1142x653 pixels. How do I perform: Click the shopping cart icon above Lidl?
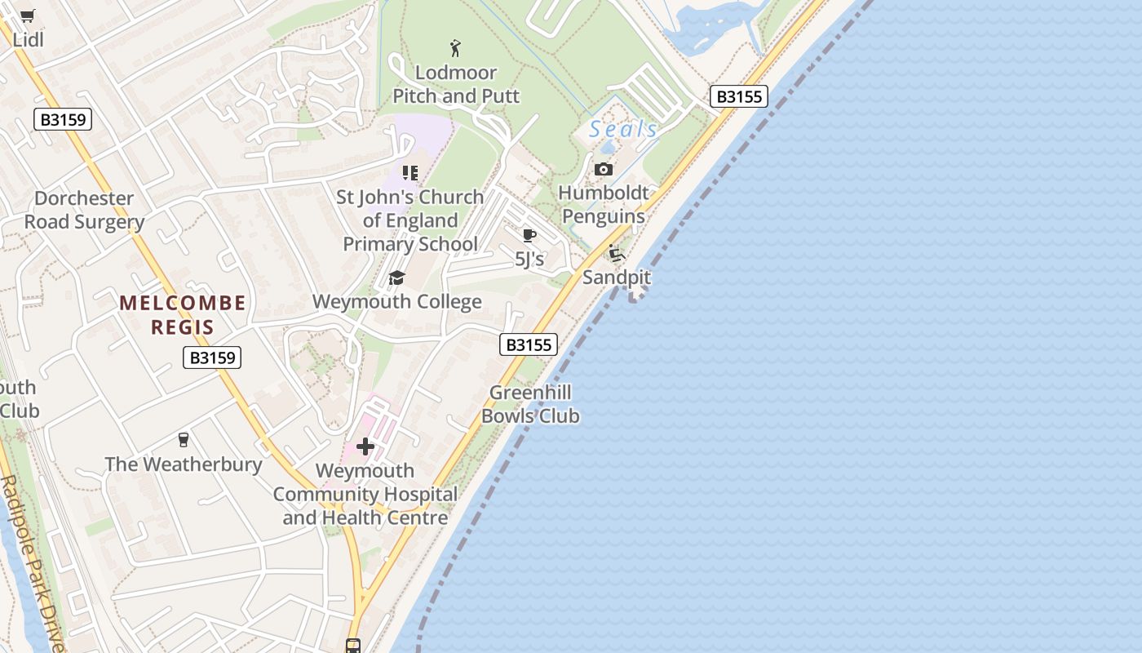click(x=28, y=16)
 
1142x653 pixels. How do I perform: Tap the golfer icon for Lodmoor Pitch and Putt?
click(x=455, y=48)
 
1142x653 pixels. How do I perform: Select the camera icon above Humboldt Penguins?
click(x=604, y=169)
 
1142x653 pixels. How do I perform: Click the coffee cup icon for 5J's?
click(x=529, y=236)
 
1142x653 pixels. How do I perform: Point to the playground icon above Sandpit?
click(x=617, y=254)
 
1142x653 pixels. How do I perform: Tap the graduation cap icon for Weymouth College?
click(x=396, y=278)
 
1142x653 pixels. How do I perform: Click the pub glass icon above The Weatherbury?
click(x=184, y=440)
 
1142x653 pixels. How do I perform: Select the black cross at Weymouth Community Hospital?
click(x=365, y=446)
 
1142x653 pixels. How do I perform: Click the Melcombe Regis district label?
click(x=183, y=315)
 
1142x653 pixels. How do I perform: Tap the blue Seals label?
click(x=623, y=129)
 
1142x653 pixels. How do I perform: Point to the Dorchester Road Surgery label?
click(x=84, y=210)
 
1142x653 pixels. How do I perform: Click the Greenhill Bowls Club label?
click(x=530, y=404)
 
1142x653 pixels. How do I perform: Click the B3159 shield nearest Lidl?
click(x=64, y=119)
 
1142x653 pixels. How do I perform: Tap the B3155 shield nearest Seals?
click(x=738, y=96)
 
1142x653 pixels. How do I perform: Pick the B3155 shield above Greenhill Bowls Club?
click(x=529, y=344)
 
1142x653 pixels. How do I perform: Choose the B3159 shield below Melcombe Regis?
click(x=212, y=357)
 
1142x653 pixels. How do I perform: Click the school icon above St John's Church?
click(x=409, y=173)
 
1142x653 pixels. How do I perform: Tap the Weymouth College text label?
click(x=397, y=302)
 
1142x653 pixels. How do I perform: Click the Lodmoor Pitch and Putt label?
click(x=456, y=84)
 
